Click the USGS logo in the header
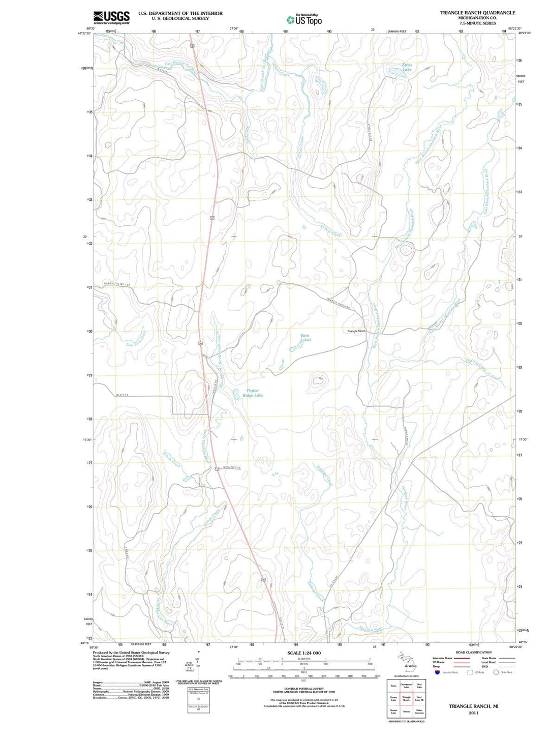tap(111, 17)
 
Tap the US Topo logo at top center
tap(304, 20)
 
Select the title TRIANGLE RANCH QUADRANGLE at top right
tap(477, 13)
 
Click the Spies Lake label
tap(407, 67)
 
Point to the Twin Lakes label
tap(304, 337)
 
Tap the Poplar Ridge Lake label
tap(253, 393)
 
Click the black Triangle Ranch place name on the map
tap(356, 331)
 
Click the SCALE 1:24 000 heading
tap(304, 652)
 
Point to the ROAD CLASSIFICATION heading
tap(473, 652)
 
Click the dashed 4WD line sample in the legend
tap(507, 666)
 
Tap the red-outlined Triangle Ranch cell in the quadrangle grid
tap(406, 698)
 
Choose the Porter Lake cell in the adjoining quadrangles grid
tap(393, 698)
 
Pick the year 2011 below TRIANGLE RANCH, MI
tap(473, 713)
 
